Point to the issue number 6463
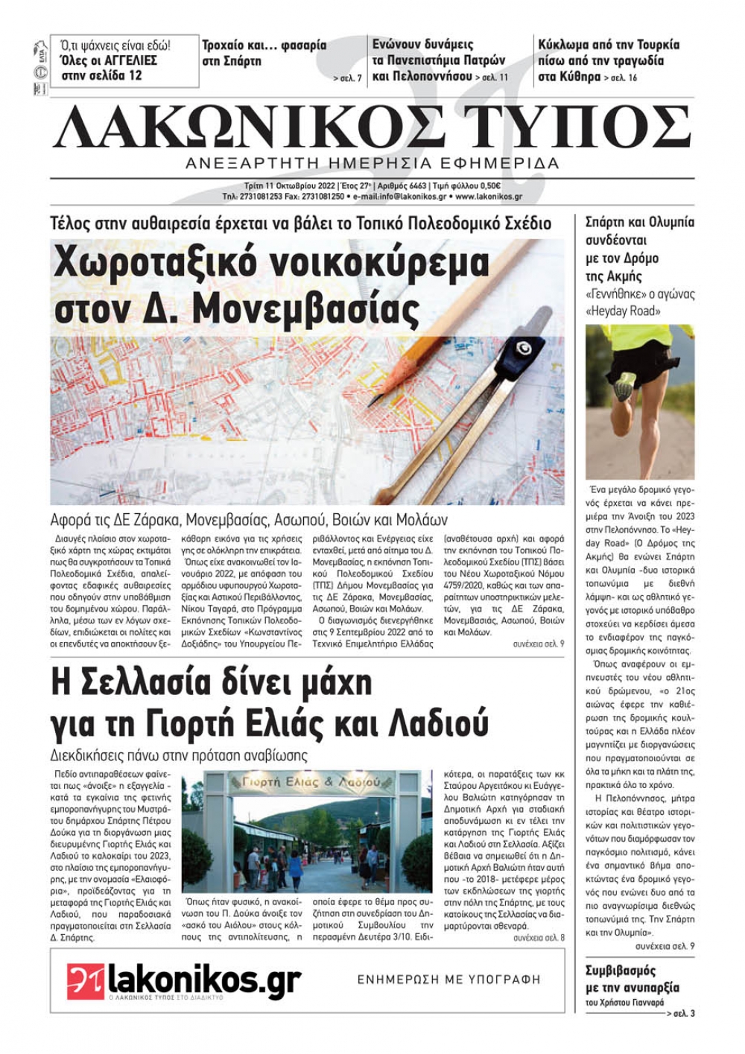(x=415, y=186)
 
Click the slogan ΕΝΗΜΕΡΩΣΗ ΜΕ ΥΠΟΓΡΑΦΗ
(x=448, y=980)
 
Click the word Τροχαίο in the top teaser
(x=229, y=45)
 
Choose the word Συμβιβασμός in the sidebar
(x=621, y=971)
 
